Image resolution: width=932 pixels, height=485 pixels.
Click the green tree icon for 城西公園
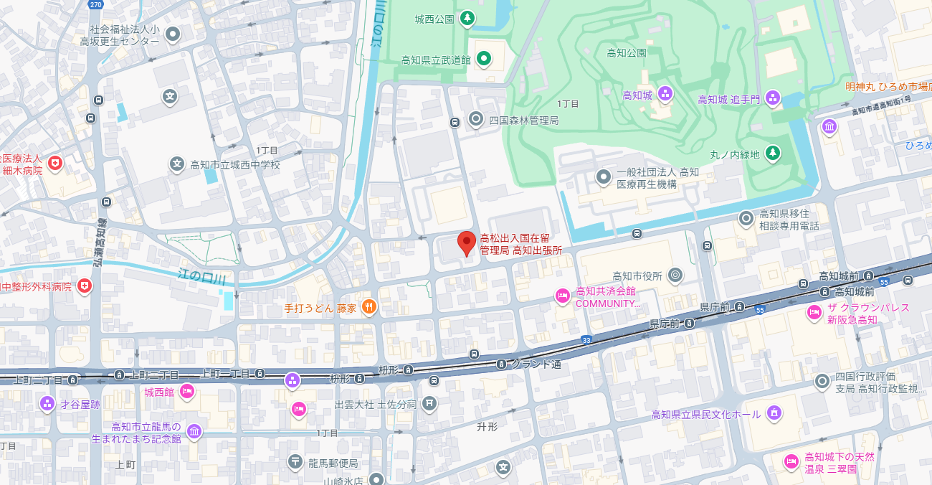(467, 17)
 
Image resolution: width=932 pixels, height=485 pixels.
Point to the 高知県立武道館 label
(435, 60)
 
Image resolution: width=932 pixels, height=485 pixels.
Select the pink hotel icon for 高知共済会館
(563, 295)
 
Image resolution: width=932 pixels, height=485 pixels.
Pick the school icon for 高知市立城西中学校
(177, 164)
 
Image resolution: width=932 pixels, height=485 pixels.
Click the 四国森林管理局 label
(523, 120)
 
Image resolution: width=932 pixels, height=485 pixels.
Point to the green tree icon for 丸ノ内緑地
(772, 154)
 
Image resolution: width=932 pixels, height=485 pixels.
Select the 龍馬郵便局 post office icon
(295, 463)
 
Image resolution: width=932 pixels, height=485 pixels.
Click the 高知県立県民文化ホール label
(705, 415)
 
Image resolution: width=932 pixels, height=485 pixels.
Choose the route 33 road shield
(586, 339)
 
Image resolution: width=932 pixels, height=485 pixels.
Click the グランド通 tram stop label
(536, 364)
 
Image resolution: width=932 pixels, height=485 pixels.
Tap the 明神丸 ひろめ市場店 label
(888, 86)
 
